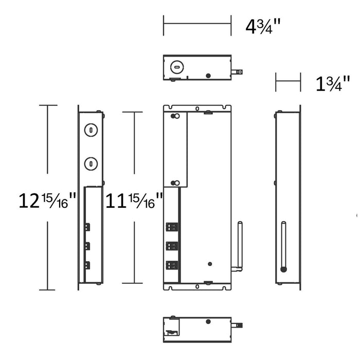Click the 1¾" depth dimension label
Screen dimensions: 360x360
[333, 83]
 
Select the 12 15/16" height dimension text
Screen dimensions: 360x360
[47, 200]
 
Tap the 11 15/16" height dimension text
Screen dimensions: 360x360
[134, 200]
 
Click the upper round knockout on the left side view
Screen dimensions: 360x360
[91, 131]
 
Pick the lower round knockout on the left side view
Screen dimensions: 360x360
[91, 164]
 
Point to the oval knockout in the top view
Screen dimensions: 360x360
[176, 66]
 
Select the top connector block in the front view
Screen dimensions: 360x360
[172, 226]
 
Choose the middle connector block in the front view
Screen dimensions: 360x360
[172, 246]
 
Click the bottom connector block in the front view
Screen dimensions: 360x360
[172, 265]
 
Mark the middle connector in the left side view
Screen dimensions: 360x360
[87, 245]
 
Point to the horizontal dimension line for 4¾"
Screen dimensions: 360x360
[196, 23]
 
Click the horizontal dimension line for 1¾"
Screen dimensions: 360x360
[287, 81]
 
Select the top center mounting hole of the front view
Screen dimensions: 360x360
[197, 109]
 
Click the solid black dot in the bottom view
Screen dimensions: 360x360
[208, 322]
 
